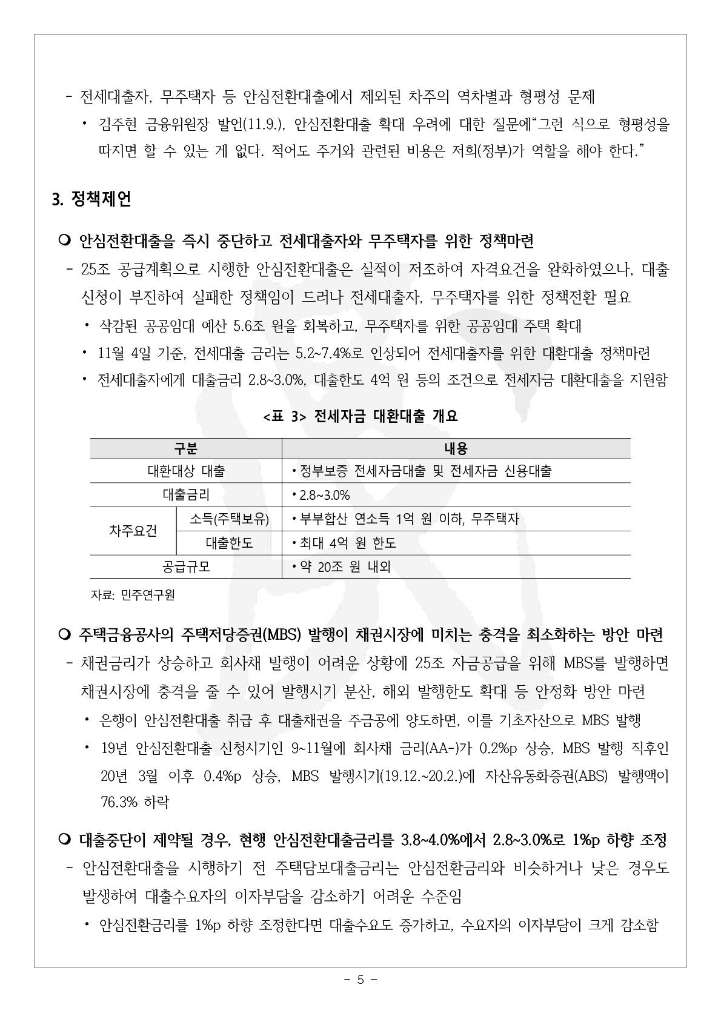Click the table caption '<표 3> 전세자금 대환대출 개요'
360,416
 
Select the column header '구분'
186,448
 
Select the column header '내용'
456,448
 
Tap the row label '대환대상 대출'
186,471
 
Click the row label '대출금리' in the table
186,495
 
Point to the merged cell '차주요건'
133,531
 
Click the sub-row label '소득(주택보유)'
229,519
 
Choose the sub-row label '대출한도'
229,543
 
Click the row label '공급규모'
186,567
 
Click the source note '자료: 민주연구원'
133,596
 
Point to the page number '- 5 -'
360,980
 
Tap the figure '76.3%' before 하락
119,803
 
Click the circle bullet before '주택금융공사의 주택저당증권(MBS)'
65,635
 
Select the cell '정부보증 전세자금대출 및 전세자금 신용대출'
425,471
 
